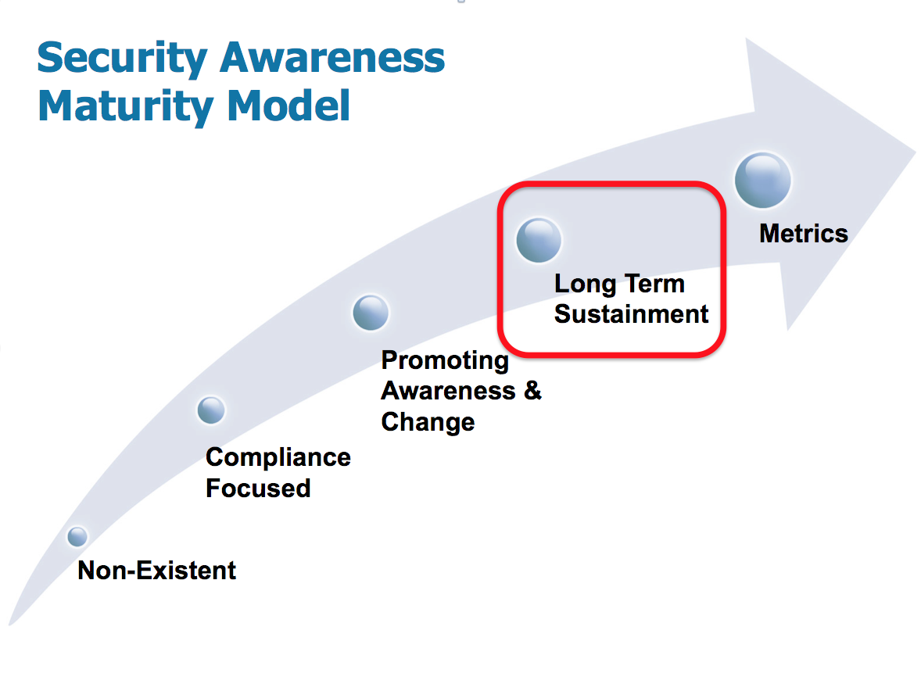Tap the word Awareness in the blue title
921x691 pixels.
[332, 58]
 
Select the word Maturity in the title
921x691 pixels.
[125, 108]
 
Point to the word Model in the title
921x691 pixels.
[288, 106]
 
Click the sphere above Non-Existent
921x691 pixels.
[77, 536]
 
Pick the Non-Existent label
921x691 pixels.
[157, 571]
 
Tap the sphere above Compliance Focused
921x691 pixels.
[211, 410]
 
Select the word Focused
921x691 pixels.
[259, 489]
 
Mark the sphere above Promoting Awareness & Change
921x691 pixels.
[371, 313]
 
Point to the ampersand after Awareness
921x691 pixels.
[532, 391]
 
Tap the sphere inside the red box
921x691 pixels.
[539, 240]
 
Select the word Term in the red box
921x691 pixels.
[655, 285]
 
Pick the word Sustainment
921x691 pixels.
[632, 315]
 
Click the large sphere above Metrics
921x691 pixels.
[763, 181]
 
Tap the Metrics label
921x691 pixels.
[804, 234]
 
